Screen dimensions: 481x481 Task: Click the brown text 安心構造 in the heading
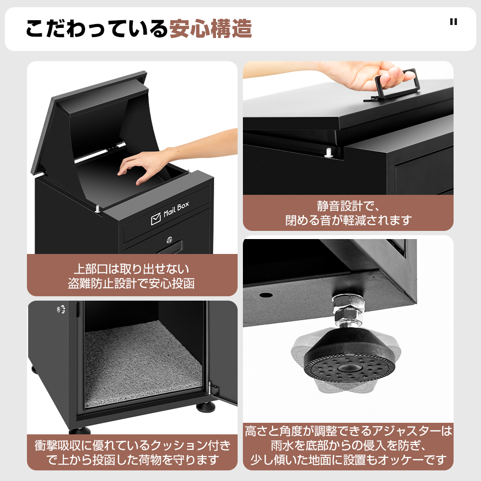tap(211, 29)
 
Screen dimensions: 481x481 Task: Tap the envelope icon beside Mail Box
tap(156, 219)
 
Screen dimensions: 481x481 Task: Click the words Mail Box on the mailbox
tap(176, 209)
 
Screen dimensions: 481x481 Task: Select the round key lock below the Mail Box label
tap(169, 240)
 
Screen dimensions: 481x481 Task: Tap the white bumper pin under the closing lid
tap(329, 153)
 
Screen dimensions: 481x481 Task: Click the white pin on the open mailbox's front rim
tap(97, 209)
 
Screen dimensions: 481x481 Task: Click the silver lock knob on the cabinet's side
tap(61, 309)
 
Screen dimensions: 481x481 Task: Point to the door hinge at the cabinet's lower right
tap(211, 390)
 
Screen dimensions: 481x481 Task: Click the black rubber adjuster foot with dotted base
tap(349, 355)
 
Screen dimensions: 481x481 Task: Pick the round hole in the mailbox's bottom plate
tap(266, 295)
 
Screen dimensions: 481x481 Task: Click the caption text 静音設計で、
tap(348, 206)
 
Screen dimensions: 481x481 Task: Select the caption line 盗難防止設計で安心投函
tap(132, 283)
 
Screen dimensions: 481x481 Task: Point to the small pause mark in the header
tap(454, 22)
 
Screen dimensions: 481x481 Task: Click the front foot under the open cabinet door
tap(205, 407)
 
